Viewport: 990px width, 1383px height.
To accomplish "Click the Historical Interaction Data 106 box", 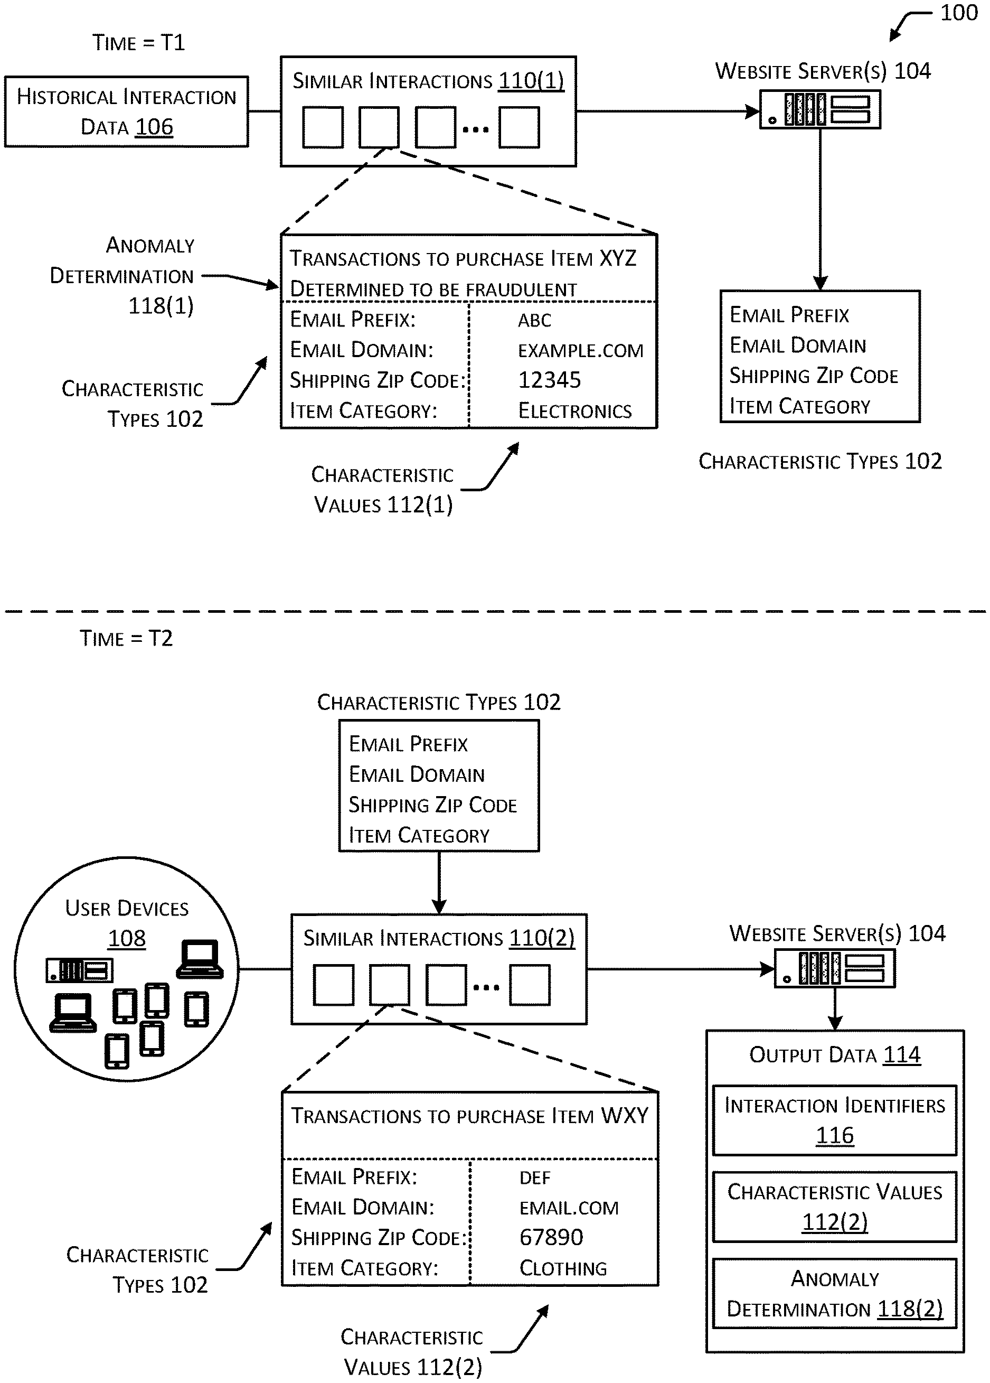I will click(x=126, y=111).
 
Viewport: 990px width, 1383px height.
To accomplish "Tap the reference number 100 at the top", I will click(x=958, y=13).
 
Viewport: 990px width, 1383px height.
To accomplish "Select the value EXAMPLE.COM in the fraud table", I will click(x=580, y=351).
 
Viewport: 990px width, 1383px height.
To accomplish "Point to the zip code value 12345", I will click(x=549, y=380).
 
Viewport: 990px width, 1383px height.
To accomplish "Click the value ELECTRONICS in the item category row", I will click(x=575, y=411).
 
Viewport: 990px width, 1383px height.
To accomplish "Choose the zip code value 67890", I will click(x=551, y=1237).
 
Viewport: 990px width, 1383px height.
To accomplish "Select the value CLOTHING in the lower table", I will click(x=563, y=1268).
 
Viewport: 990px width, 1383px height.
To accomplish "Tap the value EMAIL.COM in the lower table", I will click(x=569, y=1208).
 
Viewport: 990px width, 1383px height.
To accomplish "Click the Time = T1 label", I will click(x=138, y=43).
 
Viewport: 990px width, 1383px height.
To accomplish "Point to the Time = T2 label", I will click(x=126, y=639).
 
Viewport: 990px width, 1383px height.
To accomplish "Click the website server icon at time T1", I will click(x=820, y=110).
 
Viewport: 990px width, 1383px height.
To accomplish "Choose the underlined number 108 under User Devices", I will click(x=127, y=938).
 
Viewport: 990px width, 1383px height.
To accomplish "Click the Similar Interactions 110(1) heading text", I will click(x=428, y=81).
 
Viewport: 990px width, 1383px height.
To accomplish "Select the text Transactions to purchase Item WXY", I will click(x=469, y=1115).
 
